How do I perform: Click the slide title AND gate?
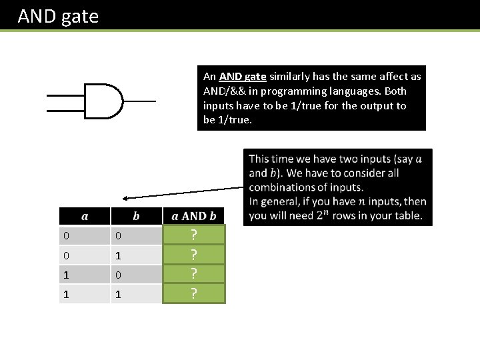58,16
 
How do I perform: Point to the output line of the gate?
139,101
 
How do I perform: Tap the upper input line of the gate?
65,94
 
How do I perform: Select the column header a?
85,215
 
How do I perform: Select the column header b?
137,215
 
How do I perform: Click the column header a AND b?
194,215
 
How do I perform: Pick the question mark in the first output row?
194,235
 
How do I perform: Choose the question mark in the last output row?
194,293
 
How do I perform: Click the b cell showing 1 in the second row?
117,255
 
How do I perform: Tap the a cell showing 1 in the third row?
65,274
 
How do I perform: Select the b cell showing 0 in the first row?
117,235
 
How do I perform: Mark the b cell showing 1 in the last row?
117,293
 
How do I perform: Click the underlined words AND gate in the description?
243,77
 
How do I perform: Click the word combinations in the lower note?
282,187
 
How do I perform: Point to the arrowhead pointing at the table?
125,198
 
